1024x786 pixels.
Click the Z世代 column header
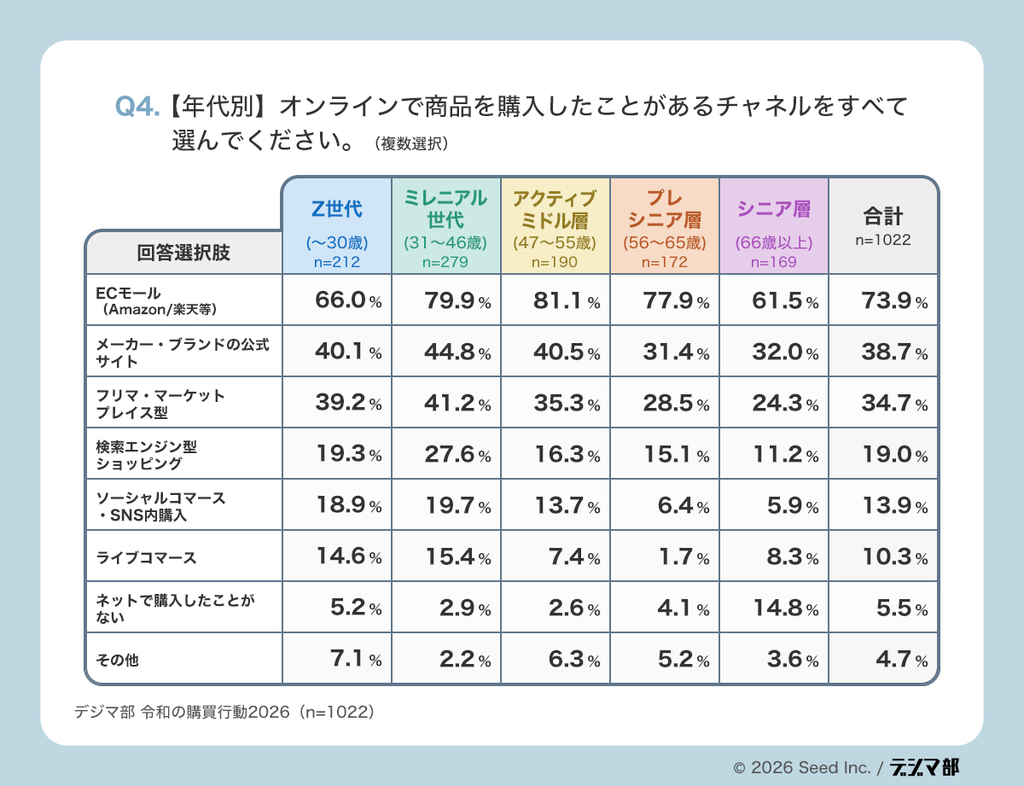point(336,225)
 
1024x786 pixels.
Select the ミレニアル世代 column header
point(445,225)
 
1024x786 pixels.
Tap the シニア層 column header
point(773,225)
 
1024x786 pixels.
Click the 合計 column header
point(882,225)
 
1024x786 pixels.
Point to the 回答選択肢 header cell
point(183,253)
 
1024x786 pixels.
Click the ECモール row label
point(183,300)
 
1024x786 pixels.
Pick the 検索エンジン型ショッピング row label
point(183,454)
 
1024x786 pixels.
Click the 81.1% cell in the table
point(555,300)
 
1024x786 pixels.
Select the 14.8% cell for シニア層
point(773,608)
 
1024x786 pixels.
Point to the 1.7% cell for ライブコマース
point(664,557)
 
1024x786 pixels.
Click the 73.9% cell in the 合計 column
point(882,300)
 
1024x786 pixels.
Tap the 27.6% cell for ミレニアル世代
point(445,454)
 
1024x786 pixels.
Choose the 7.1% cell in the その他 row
point(336,659)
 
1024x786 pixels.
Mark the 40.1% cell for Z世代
point(336,352)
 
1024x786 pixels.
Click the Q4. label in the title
point(137,108)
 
